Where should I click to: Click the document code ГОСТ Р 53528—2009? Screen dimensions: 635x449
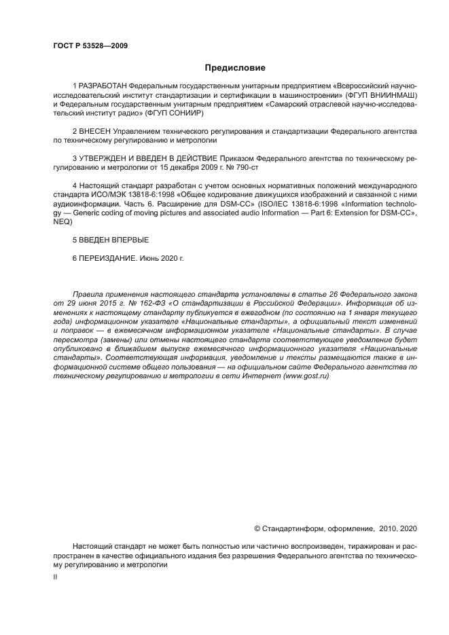tap(90, 46)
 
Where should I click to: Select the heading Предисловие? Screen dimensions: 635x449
tap(235, 68)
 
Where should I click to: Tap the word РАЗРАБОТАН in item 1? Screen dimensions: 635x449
tap(103, 88)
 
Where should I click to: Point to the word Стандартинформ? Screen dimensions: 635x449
tap(291, 528)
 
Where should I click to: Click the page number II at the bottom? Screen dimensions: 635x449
tap(56, 576)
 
